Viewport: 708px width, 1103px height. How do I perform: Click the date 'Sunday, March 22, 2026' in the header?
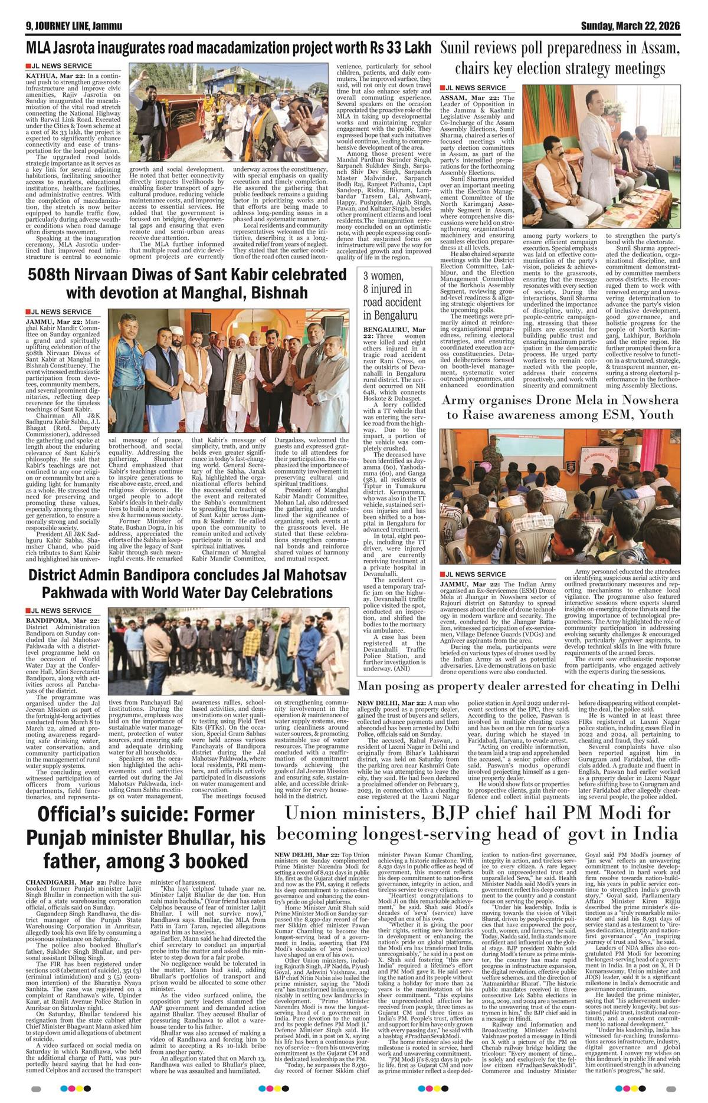tap(630, 26)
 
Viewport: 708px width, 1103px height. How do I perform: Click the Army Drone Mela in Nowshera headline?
tap(561, 407)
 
